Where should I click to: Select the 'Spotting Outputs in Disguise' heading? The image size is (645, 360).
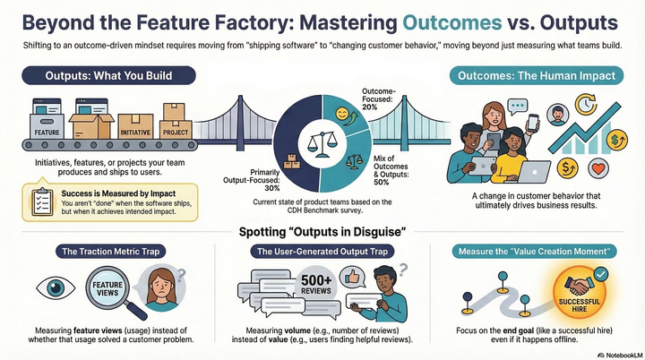point(322,233)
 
